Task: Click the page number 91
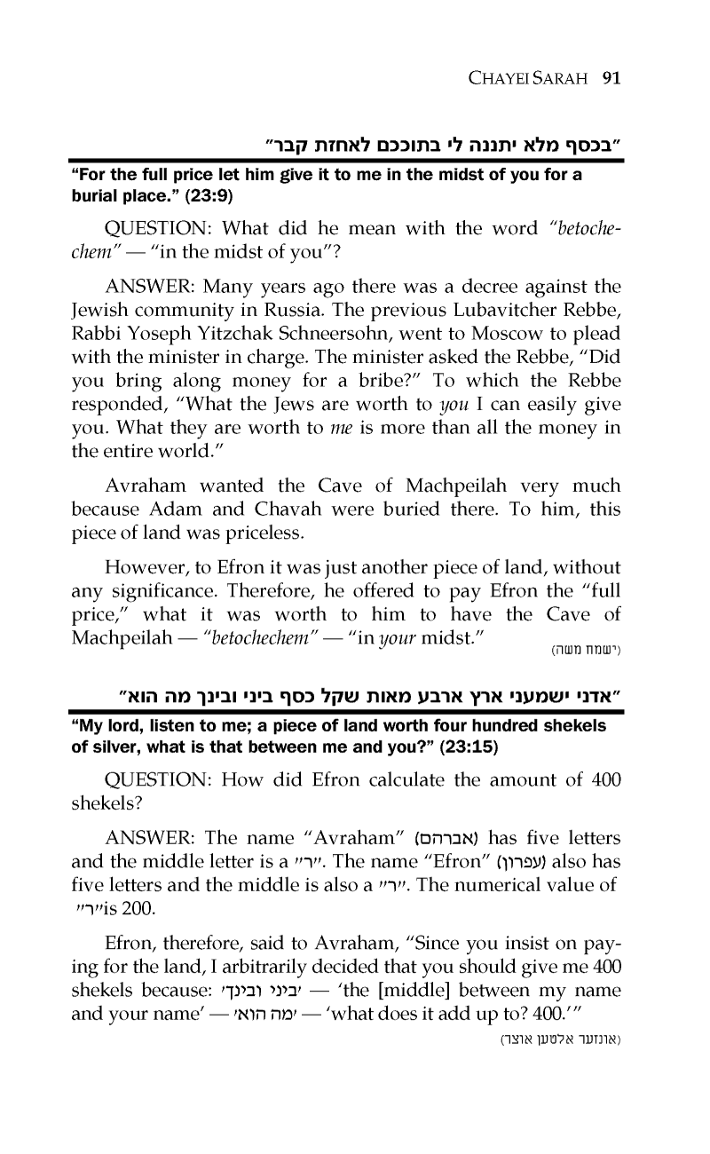click(610, 77)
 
